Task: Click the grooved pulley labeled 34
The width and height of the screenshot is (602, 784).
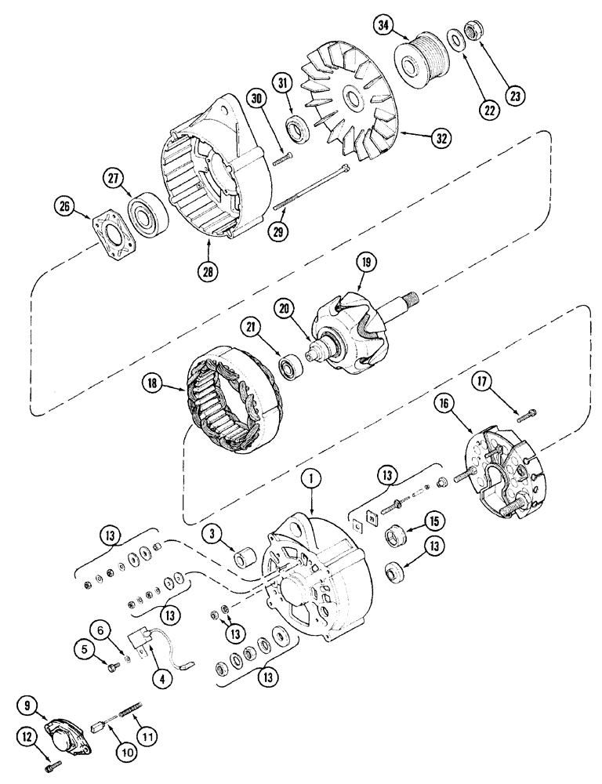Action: pos(422,56)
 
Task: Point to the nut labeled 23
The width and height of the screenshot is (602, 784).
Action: pos(473,33)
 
